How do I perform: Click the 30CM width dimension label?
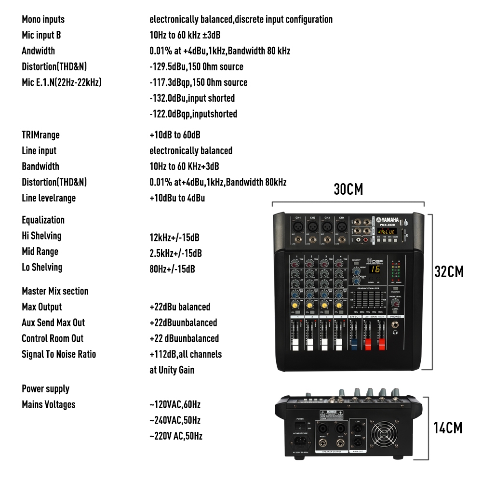(348, 189)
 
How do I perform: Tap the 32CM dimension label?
(449, 272)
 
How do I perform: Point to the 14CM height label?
(448, 428)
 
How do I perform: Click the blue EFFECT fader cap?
(354, 346)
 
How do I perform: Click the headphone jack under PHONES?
(396, 332)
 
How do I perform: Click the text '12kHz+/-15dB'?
(174, 238)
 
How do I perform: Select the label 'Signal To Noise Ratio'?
(59, 354)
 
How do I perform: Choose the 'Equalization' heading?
(43, 220)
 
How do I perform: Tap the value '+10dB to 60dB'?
(175, 135)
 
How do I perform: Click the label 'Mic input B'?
(41, 35)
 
